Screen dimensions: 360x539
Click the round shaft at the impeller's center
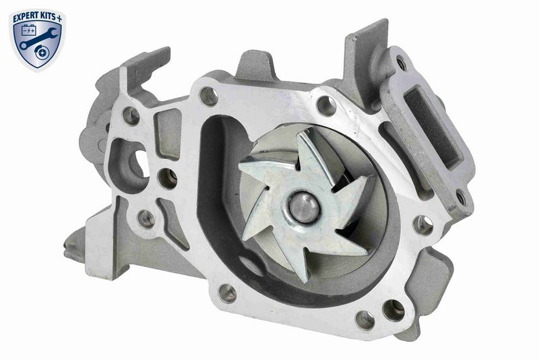305,208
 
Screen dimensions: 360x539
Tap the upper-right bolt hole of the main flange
327,105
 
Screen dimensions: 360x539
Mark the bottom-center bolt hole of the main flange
228,293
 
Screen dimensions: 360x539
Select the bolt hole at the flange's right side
423,224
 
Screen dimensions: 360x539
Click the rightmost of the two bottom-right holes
393,311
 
